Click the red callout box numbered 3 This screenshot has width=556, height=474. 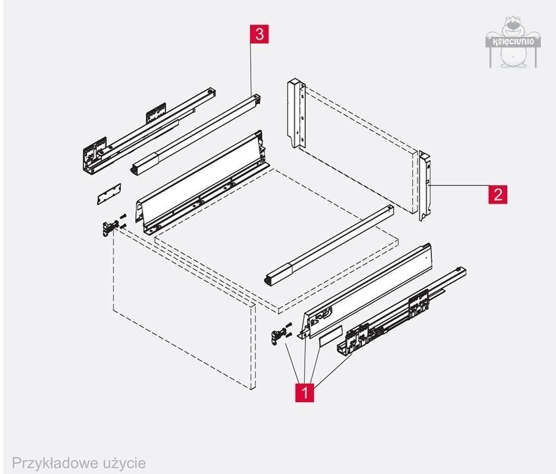259,34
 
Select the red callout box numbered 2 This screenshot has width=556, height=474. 498,194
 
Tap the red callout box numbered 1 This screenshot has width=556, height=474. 305,392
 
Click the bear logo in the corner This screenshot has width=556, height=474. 512,43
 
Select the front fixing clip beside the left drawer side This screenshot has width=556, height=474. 109,227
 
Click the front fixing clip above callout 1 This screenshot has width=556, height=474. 281,334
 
